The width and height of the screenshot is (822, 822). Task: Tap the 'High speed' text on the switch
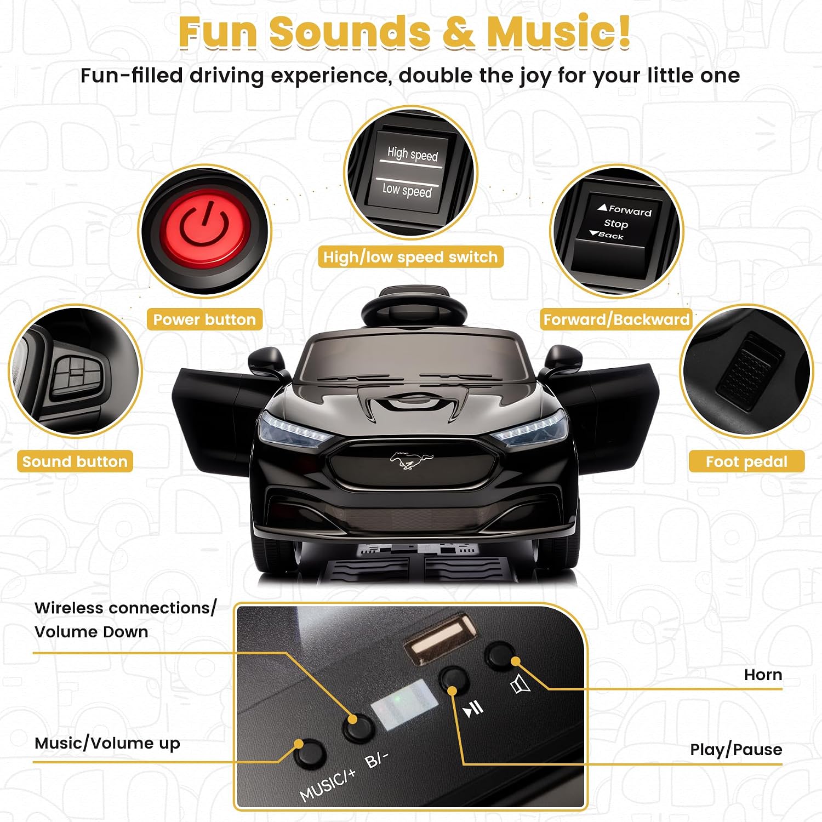pyautogui.click(x=413, y=154)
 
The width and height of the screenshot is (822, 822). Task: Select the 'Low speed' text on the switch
pyautogui.click(x=407, y=190)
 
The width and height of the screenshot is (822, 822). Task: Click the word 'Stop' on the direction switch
pyautogui.click(x=616, y=224)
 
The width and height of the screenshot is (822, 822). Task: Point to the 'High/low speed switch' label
pyautogui.click(x=410, y=257)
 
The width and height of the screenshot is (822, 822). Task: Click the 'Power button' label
pyautogui.click(x=204, y=319)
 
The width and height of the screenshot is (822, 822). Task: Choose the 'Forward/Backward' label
pyautogui.click(x=616, y=319)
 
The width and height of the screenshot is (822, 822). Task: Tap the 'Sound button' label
pyautogui.click(x=75, y=461)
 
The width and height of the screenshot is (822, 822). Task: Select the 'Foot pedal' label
pyautogui.click(x=747, y=461)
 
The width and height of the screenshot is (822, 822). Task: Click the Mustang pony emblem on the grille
pyautogui.click(x=411, y=460)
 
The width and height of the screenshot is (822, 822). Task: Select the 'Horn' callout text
pyautogui.click(x=763, y=675)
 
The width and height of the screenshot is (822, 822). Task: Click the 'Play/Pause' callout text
pyautogui.click(x=736, y=750)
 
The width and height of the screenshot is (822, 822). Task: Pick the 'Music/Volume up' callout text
pyautogui.click(x=107, y=743)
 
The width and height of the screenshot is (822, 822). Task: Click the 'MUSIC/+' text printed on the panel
pyautogui.click(x=328, y=785)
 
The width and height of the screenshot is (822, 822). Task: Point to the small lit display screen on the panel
pyautogui.click(x=404, y=705)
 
